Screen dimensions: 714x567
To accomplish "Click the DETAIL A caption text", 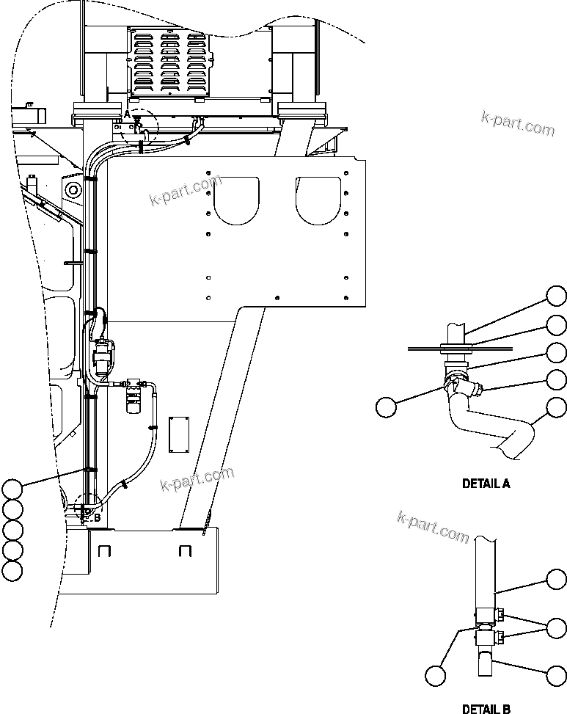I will pos(486,484).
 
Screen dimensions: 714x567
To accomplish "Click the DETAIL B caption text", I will pos(486,708).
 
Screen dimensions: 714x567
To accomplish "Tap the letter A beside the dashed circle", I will pos(127,114).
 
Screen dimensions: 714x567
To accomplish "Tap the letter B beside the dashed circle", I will pos(96,517).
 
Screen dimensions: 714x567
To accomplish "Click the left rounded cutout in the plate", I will pos(238,200).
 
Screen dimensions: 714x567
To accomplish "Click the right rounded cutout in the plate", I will pos(318,200).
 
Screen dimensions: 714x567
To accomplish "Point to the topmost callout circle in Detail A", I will pos(557,296).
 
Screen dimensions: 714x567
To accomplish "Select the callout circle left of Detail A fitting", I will pos(387,407).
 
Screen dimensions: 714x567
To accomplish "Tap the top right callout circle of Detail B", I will pos(557,579).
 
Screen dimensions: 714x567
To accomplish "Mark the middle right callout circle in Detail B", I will pos(557,627).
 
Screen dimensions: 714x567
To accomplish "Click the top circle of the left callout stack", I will pos(12,488).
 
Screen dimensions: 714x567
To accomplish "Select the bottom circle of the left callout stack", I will pos(12,570).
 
